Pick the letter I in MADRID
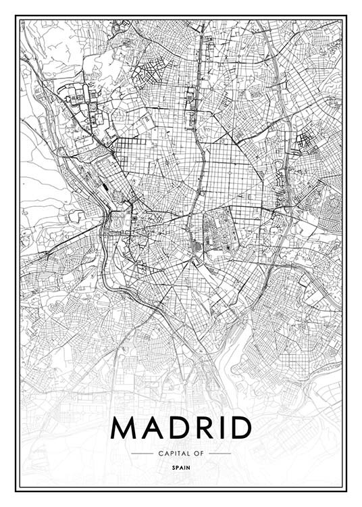tap(226, 427)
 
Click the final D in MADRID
tap(242, 427)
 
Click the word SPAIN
tap(181, 466)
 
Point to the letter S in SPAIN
tap(174, 466)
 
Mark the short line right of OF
tap(220, 453)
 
